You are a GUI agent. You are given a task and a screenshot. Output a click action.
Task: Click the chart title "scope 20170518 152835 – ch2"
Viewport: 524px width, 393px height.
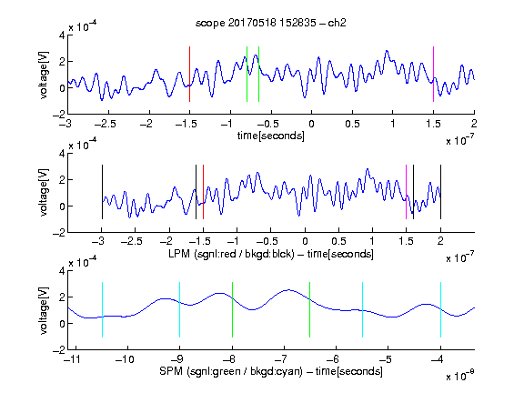coord(271,23)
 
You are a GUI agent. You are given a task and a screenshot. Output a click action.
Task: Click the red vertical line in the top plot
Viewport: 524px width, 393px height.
coord(189,74)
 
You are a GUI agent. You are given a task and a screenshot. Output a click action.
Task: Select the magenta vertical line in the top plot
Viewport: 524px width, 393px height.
coord(433,74)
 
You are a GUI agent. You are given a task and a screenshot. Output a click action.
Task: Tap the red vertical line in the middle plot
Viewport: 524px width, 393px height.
coord(203,192)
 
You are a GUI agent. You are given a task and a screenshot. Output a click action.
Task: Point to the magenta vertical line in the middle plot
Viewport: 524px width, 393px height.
coord(406,192)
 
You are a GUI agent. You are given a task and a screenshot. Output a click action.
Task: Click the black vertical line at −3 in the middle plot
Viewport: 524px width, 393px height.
coord(102,192)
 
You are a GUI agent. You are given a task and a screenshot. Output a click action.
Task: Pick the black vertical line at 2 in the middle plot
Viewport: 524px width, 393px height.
coord(440,192)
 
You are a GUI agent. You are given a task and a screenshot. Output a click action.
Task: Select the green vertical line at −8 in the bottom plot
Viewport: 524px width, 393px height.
coord(232,309)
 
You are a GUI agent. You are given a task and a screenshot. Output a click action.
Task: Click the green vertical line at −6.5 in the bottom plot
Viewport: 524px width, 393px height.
coord(310,309)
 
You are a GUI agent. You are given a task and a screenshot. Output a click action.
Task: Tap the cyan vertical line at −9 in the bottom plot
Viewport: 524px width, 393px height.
coord(179,309)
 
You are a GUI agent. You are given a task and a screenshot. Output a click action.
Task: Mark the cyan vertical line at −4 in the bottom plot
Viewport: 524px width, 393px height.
coord(440,309)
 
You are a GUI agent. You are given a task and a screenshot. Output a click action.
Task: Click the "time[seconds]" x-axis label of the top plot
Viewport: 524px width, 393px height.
coord(271,136)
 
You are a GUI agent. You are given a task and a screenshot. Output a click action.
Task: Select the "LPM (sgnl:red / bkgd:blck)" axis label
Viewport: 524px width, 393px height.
coord(231,254)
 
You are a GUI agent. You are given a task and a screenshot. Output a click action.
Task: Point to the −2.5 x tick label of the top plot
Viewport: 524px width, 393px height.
coord(106,124)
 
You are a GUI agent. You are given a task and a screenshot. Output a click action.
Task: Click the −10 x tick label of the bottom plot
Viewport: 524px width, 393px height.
coord(125,359)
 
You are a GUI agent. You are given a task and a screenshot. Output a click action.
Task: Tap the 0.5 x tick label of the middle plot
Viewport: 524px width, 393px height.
coord(338,241)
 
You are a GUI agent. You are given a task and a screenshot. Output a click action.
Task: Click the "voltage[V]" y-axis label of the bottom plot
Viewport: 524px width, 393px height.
coord(44,310)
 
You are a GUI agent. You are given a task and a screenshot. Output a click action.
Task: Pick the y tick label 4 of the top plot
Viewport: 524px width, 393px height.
coord(62,35)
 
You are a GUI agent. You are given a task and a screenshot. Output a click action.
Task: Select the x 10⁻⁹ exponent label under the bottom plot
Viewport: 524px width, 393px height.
coord(460,376)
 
